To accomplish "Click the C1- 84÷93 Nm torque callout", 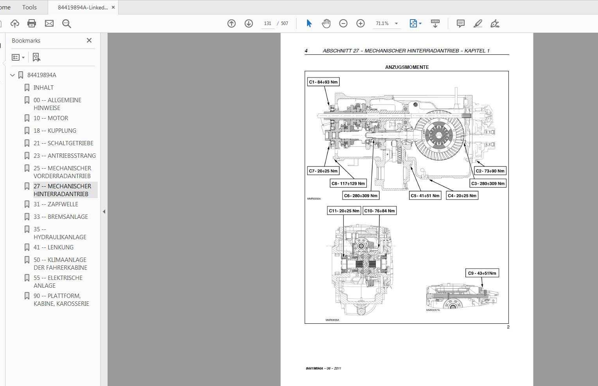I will (x=323, y=82).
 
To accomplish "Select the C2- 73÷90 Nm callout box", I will (x=490, y=171).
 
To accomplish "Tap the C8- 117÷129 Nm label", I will (x=348, y=183).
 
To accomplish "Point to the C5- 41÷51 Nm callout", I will (x=425, y=196).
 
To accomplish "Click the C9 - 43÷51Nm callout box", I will (x=482, y=273).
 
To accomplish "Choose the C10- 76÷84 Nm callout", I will (x=379, y=211).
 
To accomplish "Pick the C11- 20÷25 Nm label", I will (x=344, y=211).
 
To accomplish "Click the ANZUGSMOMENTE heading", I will (x=407, y=67).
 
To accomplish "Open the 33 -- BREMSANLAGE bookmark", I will (x=61, y=217).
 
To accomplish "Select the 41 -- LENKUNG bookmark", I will (x=53, y=247).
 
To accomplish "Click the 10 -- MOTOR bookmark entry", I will (x=50, y=118).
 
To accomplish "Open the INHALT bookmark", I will (x=43, y=88).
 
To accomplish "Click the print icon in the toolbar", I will (x=32, y=23).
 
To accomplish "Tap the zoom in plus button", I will (x=360, y=23).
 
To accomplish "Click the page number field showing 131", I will (x=268, y=23).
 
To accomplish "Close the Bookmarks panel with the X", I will (x=89, y=40).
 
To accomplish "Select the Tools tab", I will (x=29, y=7).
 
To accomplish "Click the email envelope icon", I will (x=49, y=23).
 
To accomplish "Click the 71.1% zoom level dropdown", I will (x=386, y=23).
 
